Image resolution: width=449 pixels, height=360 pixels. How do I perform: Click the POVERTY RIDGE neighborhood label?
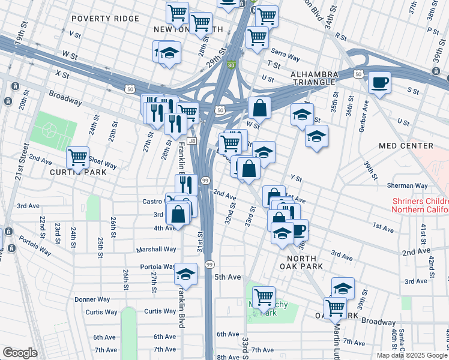(105, 19)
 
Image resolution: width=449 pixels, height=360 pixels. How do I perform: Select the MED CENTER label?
(406, 146)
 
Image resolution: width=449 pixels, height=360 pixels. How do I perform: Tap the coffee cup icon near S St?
(379, 82)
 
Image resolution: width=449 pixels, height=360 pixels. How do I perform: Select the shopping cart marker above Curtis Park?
(78, 158)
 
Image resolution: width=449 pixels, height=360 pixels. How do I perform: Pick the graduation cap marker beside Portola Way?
(186, 274)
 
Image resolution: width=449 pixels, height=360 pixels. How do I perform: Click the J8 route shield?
(192, 141)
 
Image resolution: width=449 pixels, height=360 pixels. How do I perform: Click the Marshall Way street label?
(155, 249)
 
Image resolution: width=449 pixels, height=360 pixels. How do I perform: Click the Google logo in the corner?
(20, 353)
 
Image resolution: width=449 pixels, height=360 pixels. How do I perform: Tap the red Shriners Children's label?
(420, 205)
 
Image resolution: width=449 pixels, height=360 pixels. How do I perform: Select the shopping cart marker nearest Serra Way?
(258, 37)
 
